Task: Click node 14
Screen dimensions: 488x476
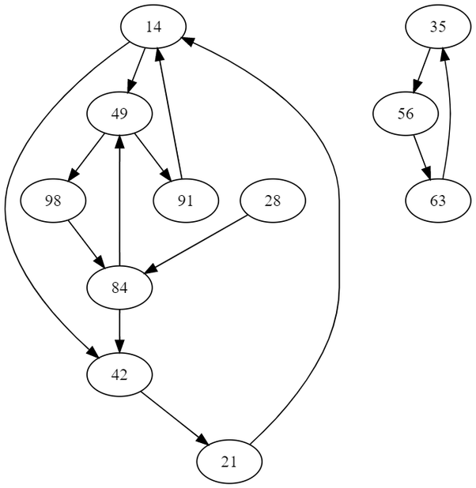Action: coord(153,27)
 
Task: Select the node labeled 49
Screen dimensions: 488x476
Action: coord(119,114)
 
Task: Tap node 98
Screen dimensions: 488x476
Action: coord(54,201)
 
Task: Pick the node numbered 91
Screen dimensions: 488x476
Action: coord(185,201)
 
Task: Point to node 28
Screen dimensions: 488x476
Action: coord(272,201)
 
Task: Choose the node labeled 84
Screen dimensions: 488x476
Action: coord(119,287)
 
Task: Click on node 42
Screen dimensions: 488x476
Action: coord(119,374)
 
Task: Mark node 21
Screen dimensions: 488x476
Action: coord(229,461)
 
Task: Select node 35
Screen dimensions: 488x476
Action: coord(438,27)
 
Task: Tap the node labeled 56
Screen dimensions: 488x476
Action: coord(406,114)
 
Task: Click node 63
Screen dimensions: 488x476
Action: coord(438,201)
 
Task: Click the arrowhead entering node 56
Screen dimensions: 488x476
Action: coord(416,88)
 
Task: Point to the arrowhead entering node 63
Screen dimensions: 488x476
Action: coord(428,175)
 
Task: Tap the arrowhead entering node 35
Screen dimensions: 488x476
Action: coord(444,52)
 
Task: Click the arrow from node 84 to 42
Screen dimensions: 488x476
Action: coord(119,331)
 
